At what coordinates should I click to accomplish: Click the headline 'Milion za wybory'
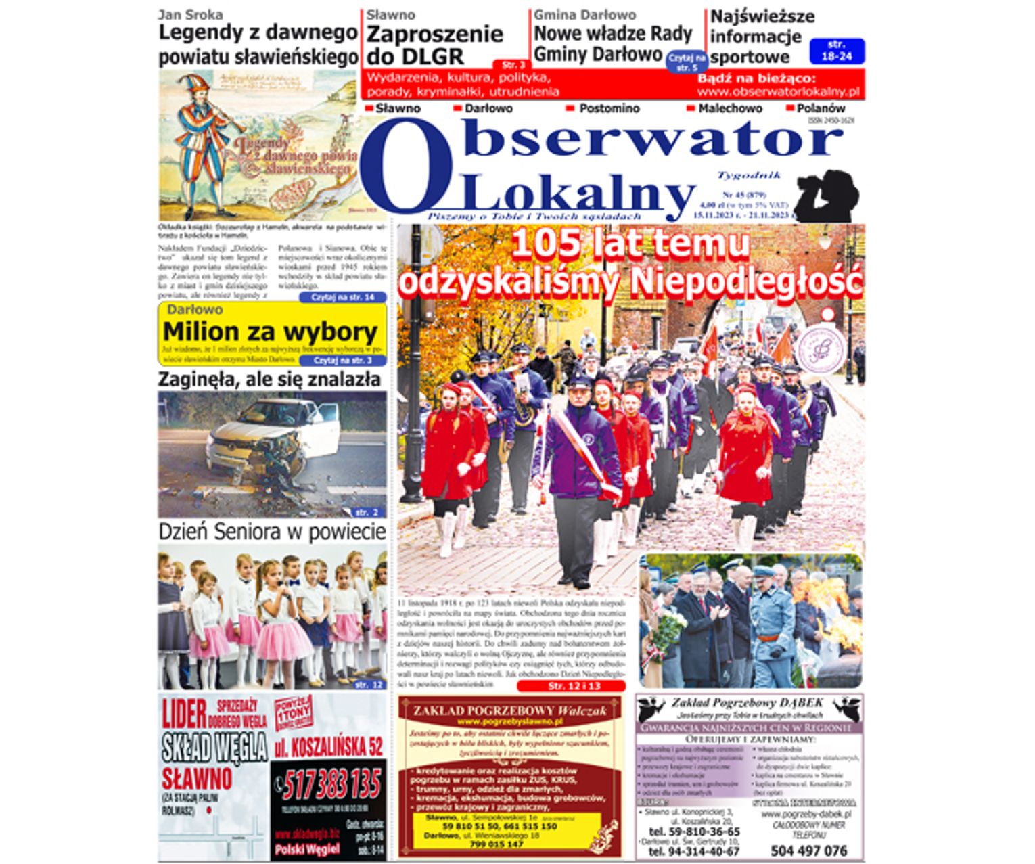pos(270,332)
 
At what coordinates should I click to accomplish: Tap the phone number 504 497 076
pos(808,850)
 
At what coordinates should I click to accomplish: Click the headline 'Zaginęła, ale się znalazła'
pos(269,380)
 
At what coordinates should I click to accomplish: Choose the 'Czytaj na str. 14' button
pos(342,298)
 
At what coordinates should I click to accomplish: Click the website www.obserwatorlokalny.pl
pos(778,92)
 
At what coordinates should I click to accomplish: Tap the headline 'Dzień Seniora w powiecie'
pos(272,532)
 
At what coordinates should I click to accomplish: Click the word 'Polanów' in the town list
pos(821,108)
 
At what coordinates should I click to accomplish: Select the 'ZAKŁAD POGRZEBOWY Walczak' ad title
pos(509,710)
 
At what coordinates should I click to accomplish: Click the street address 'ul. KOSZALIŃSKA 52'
pos(329,747)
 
